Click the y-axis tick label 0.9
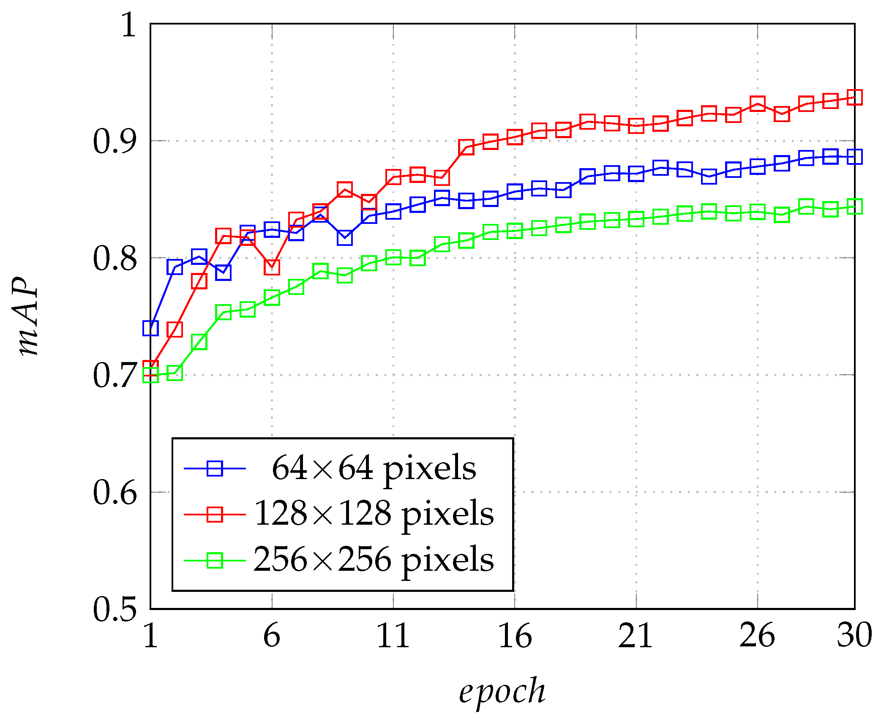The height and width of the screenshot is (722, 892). [115, 141]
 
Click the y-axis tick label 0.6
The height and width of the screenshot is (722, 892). [115, 493]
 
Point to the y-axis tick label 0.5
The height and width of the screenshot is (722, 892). [115, 610]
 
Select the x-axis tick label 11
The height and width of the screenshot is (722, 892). [393, 635]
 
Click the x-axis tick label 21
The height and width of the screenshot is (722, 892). [636, 635]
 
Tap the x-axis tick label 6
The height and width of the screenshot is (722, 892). [271, 635]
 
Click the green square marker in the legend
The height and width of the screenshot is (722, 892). [215, 561]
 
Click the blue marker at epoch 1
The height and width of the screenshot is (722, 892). [150, 328]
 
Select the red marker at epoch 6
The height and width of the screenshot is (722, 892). [272, 267]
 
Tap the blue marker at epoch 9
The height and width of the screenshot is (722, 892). [345, 237]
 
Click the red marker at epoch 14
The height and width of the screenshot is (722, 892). [466, 147]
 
